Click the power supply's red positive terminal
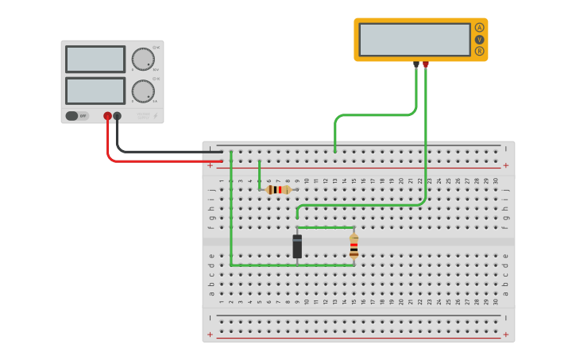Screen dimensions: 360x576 [x=107, y=116]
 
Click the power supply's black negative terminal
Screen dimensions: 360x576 [x=118, y=116]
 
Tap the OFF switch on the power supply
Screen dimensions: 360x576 [x=77, y=116]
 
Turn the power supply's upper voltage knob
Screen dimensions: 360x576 [x=142, y=60]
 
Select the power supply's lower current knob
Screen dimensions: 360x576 [x=142, y=91]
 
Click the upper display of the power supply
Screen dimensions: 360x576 [x=95, y=60]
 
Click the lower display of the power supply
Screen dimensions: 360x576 [x=95, y=90]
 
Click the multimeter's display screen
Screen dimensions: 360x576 [x=414, y=39]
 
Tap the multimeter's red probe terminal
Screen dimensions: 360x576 [x=426, y=64]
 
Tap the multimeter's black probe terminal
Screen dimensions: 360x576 [x=416, y=64]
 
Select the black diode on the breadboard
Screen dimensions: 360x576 [x=297, y=246]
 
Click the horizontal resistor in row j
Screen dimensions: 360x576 [x=277, y=190]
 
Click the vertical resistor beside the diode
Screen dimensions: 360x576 [x=354, y=246]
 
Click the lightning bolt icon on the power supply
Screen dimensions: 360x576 [x=155, y=116]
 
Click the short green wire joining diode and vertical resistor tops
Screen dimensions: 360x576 [x=326, y=227]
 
